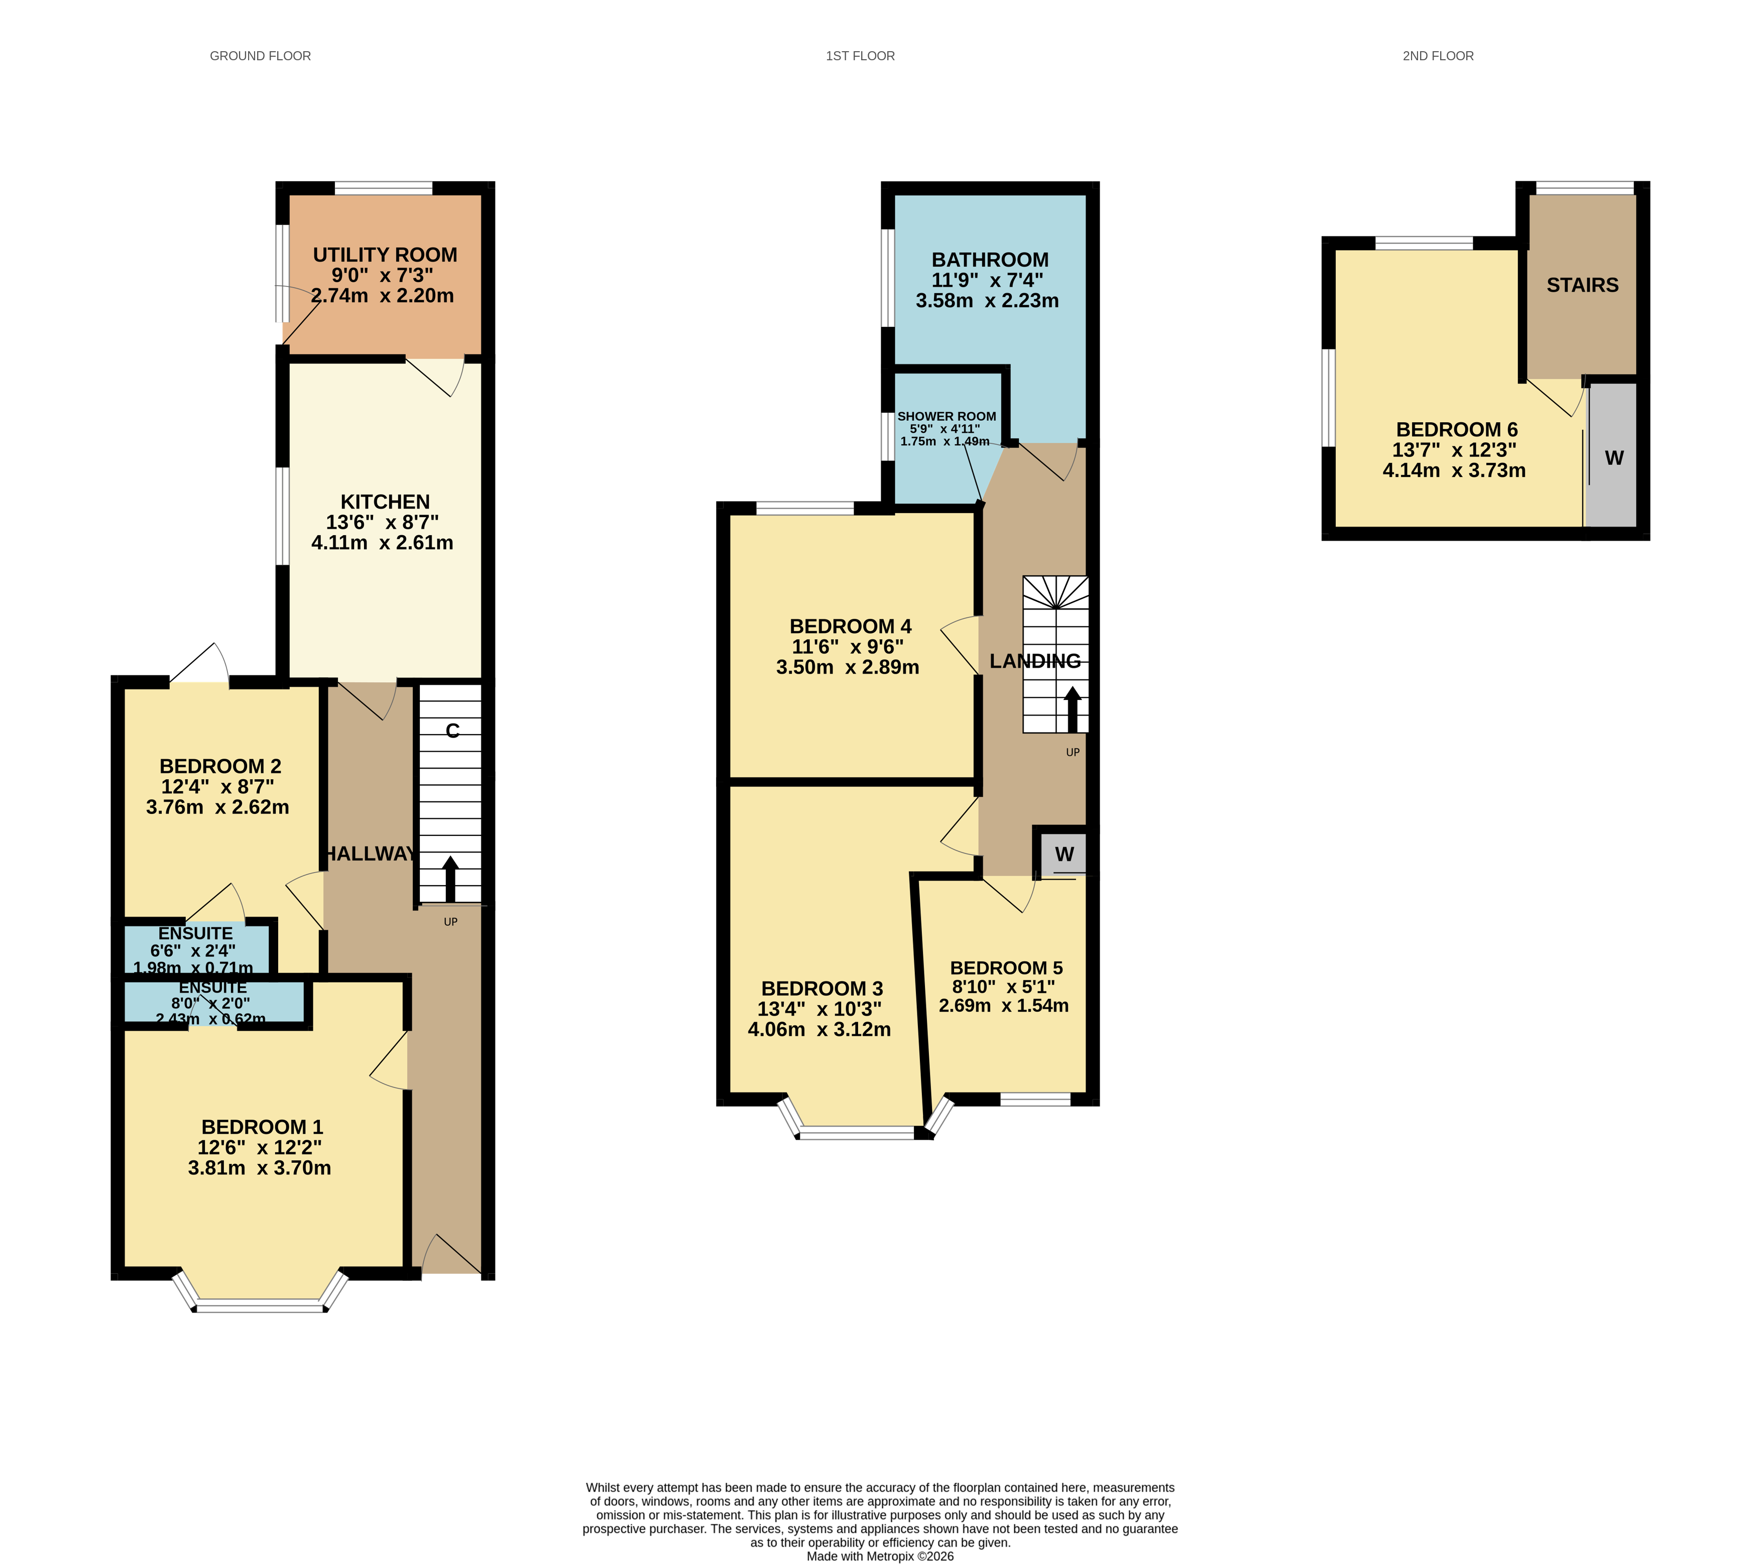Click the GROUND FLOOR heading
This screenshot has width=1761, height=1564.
tap(260, 56)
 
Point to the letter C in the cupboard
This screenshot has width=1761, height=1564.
tap(452, 731)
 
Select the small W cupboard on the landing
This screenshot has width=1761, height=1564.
tap(1064, 855)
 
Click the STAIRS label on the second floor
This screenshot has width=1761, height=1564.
tap(1582, 285)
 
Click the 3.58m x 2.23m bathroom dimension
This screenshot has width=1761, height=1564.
tap(987, 301)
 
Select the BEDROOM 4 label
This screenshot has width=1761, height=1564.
tap(850, 626)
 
